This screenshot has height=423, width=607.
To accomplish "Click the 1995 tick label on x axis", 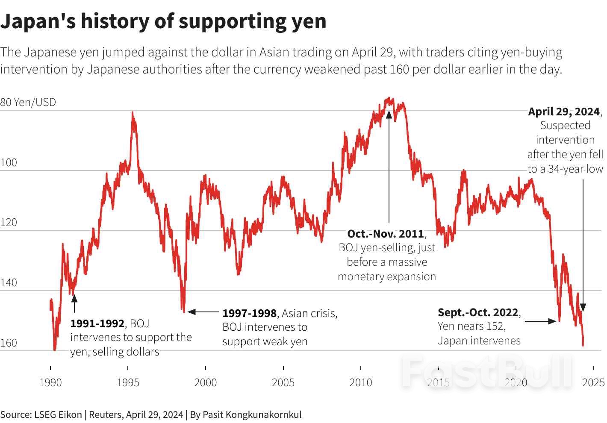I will point(128,382).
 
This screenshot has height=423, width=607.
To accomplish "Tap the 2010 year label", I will point(360,382).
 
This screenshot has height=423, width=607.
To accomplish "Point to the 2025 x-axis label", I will point(593,382).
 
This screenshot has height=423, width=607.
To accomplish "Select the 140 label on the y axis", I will point(9,283).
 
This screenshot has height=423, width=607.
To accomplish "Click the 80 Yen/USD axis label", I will point(28,103).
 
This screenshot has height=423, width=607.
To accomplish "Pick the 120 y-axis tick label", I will point(9,223).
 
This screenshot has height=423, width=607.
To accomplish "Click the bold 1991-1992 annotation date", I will point(97,323).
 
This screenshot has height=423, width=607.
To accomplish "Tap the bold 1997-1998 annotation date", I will point(249,313).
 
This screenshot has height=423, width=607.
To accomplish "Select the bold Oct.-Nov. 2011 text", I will point(385,234).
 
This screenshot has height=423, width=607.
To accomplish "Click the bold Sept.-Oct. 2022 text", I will point(478,312).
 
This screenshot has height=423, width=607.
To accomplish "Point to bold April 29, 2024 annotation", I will point(564,112).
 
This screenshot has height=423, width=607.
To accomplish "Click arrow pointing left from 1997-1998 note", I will point(203,312).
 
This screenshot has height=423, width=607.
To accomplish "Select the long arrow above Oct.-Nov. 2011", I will point(389,167).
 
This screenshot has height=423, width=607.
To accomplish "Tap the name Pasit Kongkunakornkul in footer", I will point(252,414).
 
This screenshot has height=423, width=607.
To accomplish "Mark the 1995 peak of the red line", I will point(133,113).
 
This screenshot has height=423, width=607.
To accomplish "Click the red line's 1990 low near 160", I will point(54,349).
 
